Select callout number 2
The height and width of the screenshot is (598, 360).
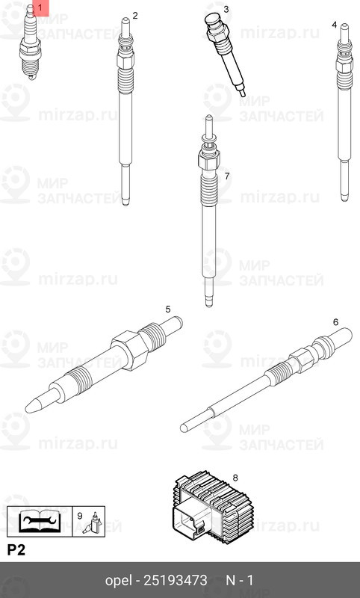coord(135,15)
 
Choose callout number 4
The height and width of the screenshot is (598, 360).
coord(334,25)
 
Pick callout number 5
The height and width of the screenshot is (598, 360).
coord(168,309)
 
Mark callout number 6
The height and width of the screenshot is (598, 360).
coord(335,321)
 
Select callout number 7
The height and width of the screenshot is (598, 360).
coord(226,176)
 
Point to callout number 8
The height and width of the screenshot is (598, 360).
coord(235,477)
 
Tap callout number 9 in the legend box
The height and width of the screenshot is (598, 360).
coord(80,516)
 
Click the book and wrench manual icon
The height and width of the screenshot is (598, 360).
coord(40,520)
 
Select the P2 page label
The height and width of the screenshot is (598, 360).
coord(16,551)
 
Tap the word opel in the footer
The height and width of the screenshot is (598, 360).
coord(119,580)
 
